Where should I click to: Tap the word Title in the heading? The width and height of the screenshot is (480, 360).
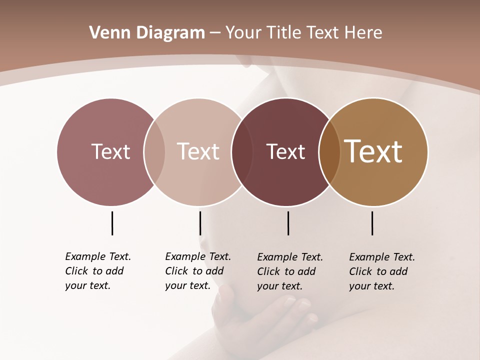(x=284, y=33)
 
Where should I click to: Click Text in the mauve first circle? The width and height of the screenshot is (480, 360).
(x=110, y=151)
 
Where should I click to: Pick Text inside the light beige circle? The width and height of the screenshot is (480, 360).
(x=198, y=151)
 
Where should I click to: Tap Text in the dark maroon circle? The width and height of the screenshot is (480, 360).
(x=285, y=152)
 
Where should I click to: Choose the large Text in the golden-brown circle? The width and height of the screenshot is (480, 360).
(x=373, y=151)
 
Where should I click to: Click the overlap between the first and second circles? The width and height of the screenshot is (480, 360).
(x=154, y=152)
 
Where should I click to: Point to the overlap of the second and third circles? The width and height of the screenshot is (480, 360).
(x=242, y=152)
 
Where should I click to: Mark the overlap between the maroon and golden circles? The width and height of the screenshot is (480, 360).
(x=329, y=152)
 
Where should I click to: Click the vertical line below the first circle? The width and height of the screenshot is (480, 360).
(x=112, y=223)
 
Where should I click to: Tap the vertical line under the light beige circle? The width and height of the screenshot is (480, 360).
(x=200, y=223)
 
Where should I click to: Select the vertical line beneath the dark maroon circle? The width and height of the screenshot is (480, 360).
(x=288, y=223)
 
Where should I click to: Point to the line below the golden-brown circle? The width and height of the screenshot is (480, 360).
(x=372, y=223)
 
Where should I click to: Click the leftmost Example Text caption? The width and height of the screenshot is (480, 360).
(x=97, y=271)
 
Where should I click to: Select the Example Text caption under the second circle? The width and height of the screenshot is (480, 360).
(x=197, y=271)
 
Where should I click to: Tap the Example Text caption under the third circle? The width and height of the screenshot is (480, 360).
(x=289, y=271)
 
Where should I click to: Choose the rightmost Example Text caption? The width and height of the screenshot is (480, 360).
(x=381, y=271)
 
